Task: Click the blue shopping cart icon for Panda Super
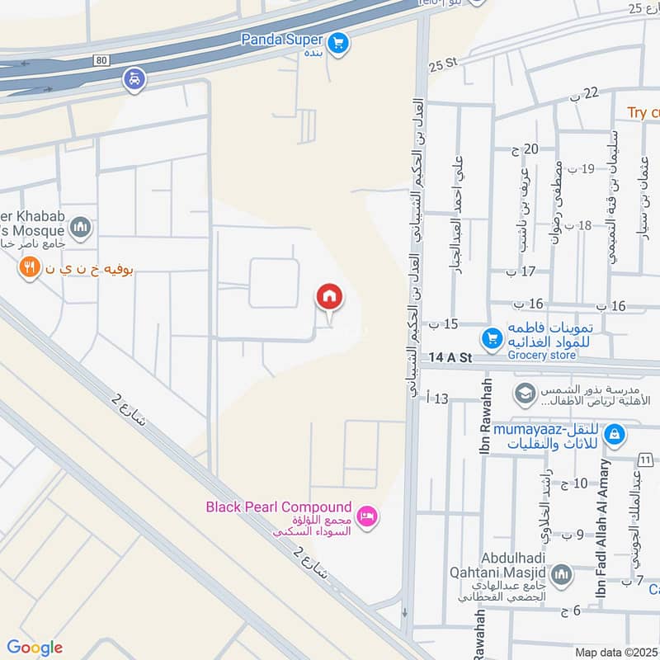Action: (337, 44)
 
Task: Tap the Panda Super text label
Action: (280, 38)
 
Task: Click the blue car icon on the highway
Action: (134, 80)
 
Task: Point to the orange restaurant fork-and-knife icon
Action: (31, 267)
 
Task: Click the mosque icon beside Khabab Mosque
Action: (80, 228)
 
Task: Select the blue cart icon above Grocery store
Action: (493, 338)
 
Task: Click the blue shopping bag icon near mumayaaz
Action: (614, 432)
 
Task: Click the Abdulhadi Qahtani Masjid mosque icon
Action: (561, 575)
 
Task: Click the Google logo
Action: (34, 647)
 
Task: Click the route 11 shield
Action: (644, 459)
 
